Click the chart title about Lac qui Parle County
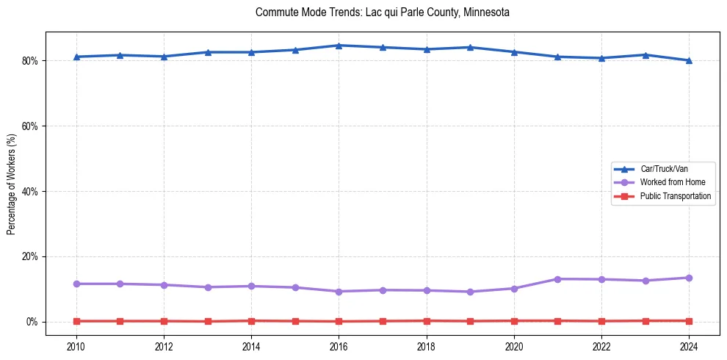(382, 12)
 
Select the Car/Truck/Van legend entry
(663, 169)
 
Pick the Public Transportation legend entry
(675, 196)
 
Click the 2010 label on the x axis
(76, 345)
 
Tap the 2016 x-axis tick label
(339, 345)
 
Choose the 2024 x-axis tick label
(689, 345)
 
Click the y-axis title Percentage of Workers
(12, 180)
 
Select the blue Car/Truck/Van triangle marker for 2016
(339, 46)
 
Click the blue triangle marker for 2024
(689, 60)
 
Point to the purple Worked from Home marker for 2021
(557, 279)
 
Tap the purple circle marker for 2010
(76, 284)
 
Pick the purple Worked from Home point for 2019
(470, 292)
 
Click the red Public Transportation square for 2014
(251, 320)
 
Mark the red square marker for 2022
(601, 321)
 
